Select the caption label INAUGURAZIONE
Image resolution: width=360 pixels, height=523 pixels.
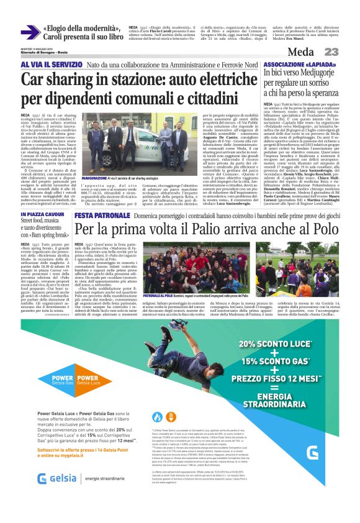pyautogui.click(x=96, y=178)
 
